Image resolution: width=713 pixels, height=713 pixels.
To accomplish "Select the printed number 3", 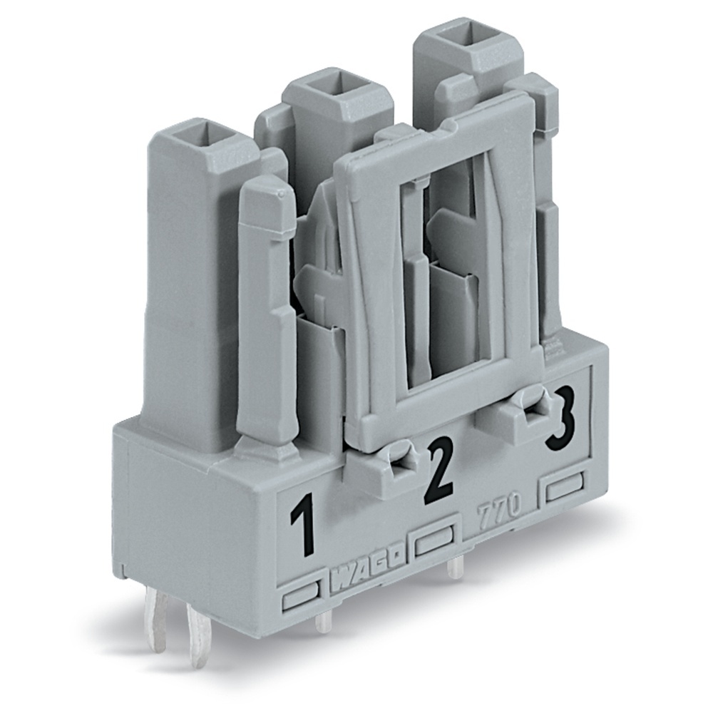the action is [560, 424].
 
